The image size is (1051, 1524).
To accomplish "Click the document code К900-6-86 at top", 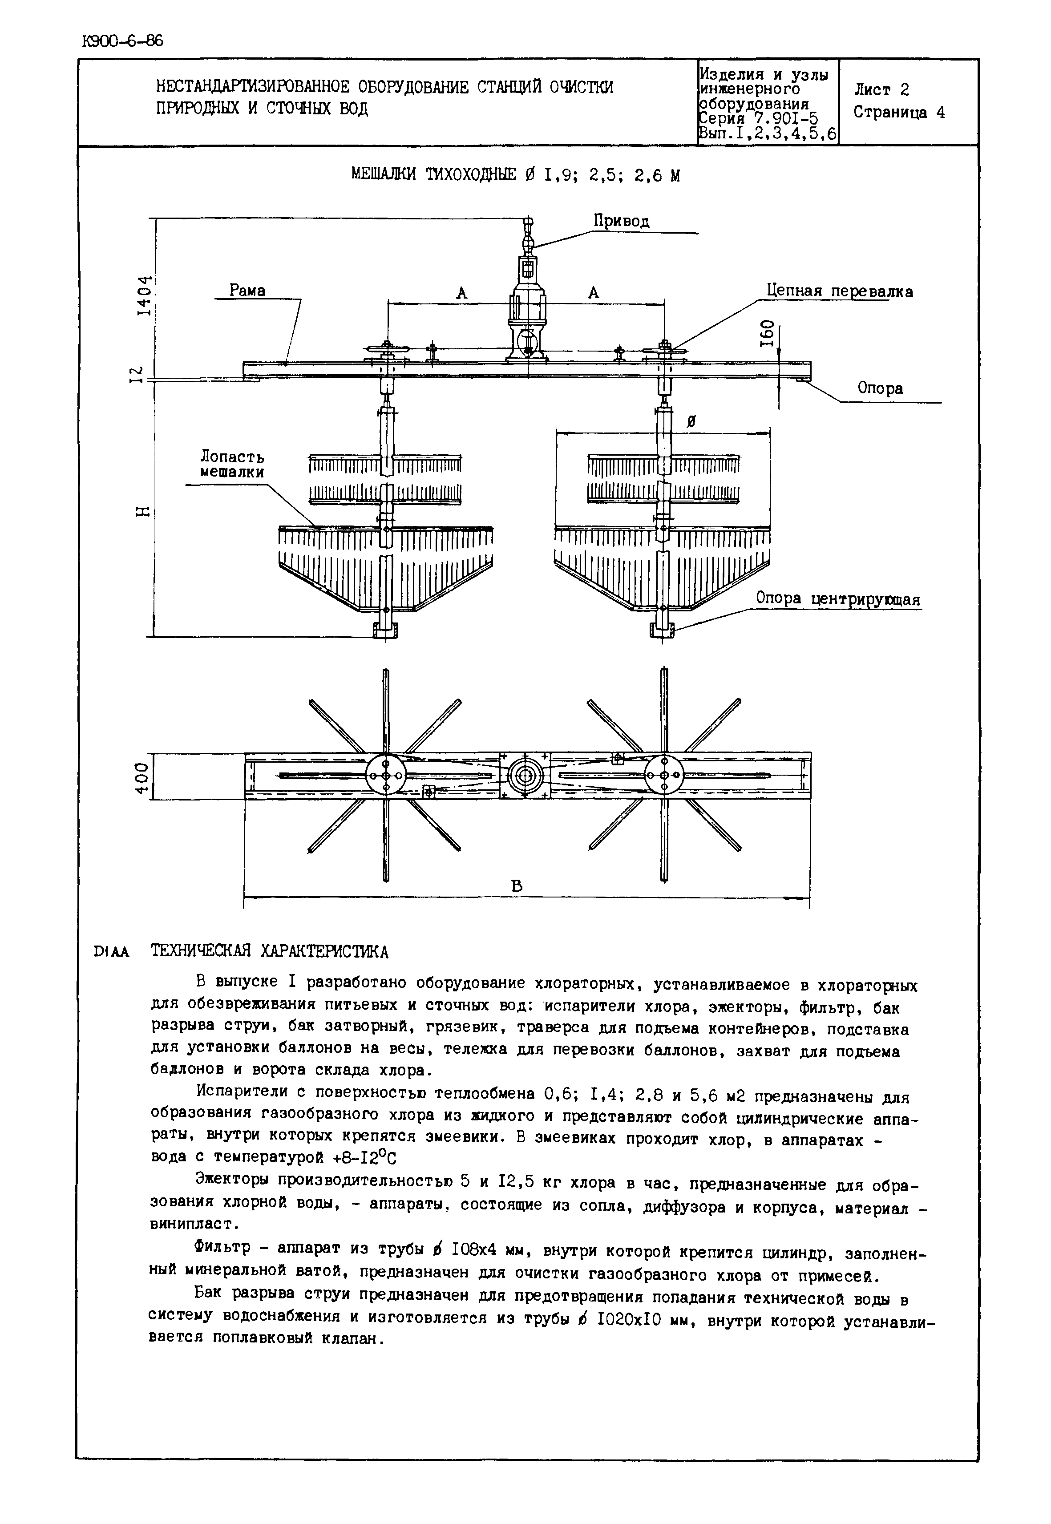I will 122,41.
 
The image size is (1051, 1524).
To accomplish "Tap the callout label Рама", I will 247,291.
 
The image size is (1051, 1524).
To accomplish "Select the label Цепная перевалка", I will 840,292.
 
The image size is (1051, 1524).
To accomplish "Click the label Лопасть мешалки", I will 232,464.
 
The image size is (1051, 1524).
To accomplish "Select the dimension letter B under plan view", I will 517,886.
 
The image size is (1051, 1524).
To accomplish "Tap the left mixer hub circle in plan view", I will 386,776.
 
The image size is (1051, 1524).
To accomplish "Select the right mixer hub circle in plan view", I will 664,776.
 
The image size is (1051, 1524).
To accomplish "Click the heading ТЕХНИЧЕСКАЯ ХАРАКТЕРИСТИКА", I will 270,952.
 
